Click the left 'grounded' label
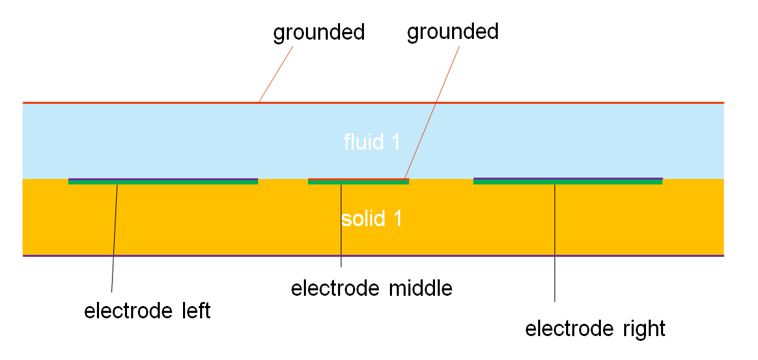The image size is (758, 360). [x=319, y=33]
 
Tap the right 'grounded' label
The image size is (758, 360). [x=453, y=31]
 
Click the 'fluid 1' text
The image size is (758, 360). [x=371, y=142]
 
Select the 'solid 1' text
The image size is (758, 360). [x=371, y=219]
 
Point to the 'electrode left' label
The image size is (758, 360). [x=148, y=311]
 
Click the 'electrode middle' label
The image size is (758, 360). [x=371, y=288]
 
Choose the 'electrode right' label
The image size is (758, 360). [x=595, y=329]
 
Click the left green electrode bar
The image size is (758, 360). [x=163, y=182]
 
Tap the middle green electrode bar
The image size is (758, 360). [x=359, y=182]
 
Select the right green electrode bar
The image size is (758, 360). [x=567, y=182]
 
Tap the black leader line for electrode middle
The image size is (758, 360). [x=341, y=225]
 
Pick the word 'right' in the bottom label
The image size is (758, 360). [x=643, y=329]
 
